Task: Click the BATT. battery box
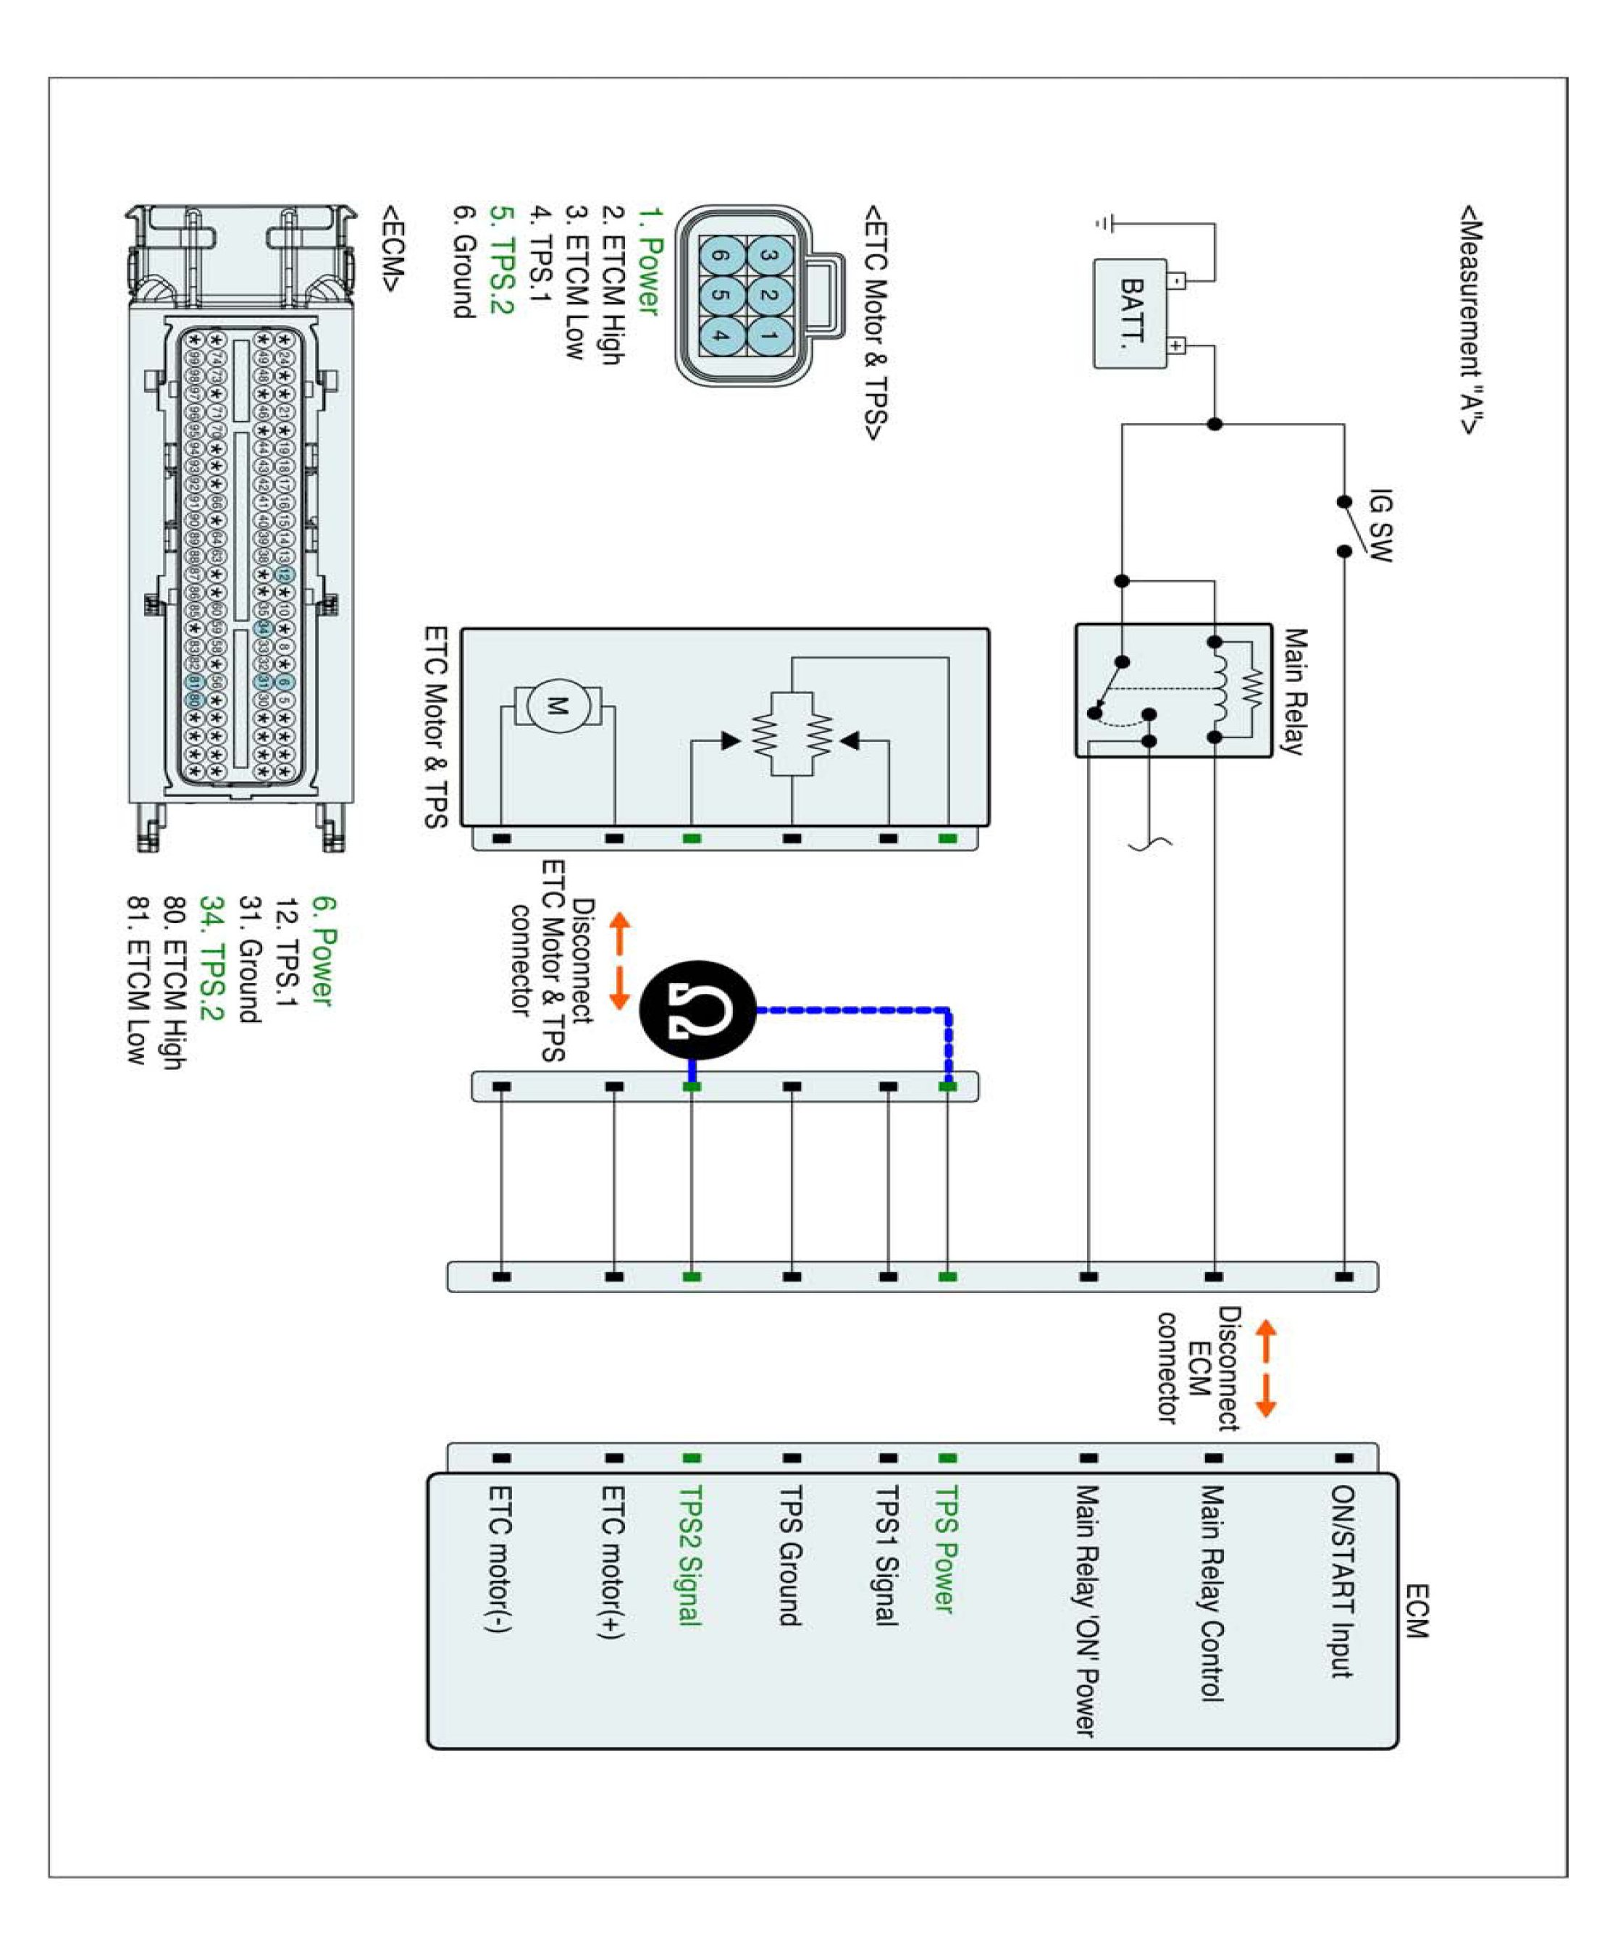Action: [x=1129, y=314]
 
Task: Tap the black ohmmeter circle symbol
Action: [x=697, y=1010]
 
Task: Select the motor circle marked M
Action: [x=557, y=704]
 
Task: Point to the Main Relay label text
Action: [x=1294, y=691]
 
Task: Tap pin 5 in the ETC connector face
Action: [x=721, y=294]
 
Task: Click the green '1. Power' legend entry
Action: [x=648, y=262]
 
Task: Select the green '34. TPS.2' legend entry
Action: [x=212, y=958]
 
